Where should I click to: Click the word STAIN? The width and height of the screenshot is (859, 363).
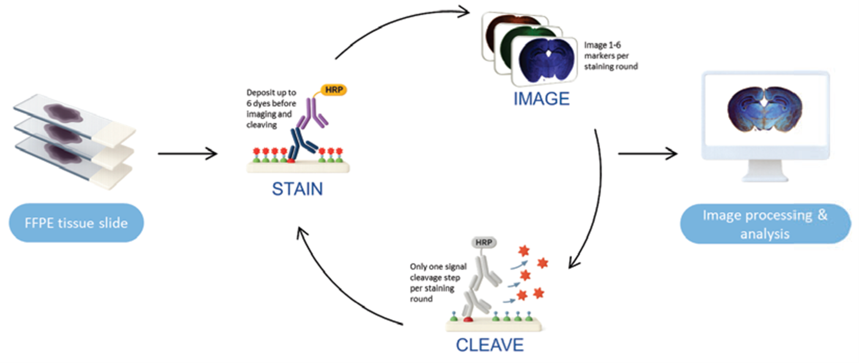[x=298, y=189]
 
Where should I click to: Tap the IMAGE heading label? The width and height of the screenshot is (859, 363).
[x=541, y=99]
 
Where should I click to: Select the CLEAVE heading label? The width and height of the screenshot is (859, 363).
[x=489, y=345]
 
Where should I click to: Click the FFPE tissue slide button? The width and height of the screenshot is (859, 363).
[x=76, y=223]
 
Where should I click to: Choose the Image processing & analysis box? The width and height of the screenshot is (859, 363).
[x=765, y=224]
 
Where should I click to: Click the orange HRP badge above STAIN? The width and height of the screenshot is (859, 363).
[x=334, y=90]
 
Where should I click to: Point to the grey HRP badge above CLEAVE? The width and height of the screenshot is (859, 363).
[x=484, y=242]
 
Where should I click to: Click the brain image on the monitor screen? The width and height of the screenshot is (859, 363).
[x=765, y=109]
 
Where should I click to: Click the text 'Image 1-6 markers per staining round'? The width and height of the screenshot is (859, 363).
[x=610, y=56]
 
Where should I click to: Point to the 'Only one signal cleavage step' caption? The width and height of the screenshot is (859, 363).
[x=438, y=282]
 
